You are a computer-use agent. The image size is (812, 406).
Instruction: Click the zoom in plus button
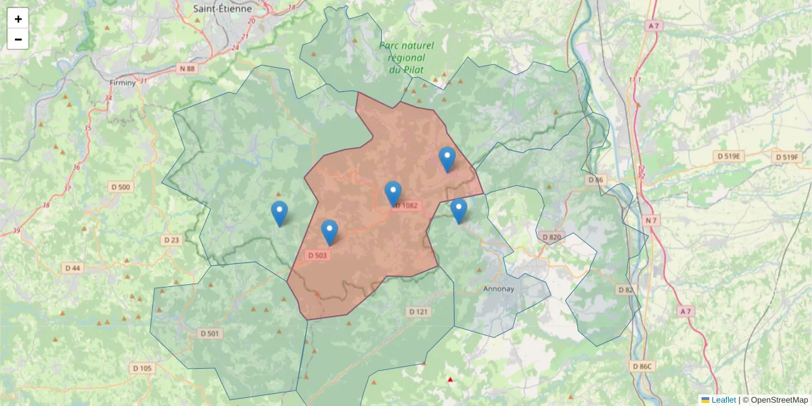[x=18, y=19]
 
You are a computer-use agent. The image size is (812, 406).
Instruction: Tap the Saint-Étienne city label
[x=222, y=9]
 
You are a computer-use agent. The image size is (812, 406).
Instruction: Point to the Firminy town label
[x=122, y=82]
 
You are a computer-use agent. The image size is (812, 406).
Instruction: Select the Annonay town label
[x=499, y=288]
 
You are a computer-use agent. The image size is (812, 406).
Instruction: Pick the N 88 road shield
[x=187, y=68]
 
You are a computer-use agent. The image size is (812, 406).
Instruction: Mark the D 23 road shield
[x=172, y=240]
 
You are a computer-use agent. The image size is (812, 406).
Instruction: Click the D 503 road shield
[x=317, y=255]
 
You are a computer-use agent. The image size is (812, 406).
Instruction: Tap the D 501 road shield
[x=210, y=333]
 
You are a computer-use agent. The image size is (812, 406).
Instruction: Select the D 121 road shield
[x=419, y=311]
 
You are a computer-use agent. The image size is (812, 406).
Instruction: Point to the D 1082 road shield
[x=407, y=205]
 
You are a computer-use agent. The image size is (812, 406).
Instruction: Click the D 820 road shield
[x=552, y=237]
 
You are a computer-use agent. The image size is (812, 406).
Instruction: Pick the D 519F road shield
[x=787, y=157]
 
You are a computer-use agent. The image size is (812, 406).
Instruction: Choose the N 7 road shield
[x=651, y=221]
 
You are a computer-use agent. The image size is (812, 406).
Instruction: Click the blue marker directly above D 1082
[x=393, y=194]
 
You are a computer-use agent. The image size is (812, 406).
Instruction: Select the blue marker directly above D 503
[x=330, y=232]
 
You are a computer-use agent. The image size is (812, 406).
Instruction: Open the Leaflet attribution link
[x=723, y=400]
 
